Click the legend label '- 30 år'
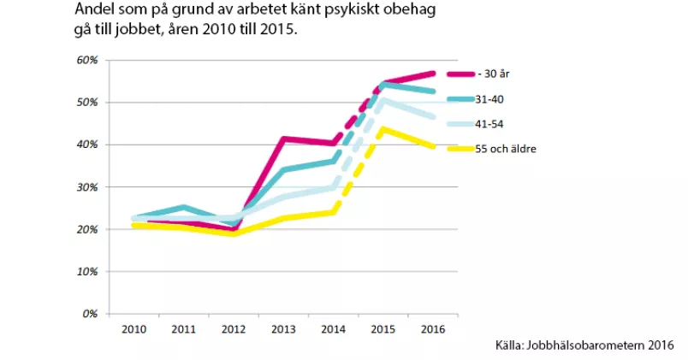[494, 74]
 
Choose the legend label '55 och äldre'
[507, 150]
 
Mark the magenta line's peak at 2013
[282, 139]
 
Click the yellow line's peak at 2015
[383, 129]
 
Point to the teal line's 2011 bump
[183, 207]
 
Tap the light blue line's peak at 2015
[383, 100]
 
